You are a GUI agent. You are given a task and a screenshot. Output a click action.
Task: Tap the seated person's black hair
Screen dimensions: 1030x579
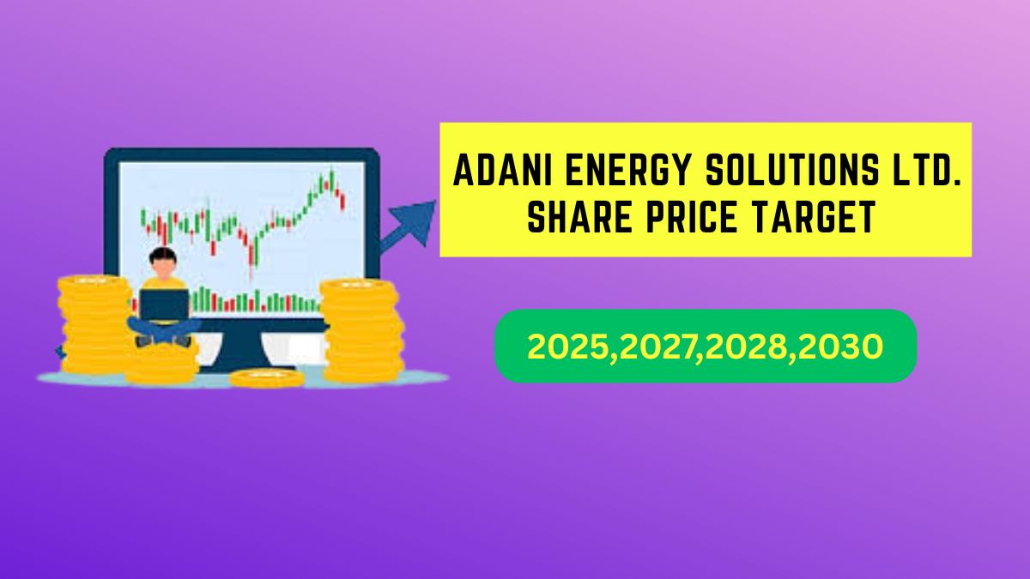coord(163,255)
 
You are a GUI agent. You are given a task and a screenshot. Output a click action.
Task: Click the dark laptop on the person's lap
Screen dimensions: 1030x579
coord(164,304)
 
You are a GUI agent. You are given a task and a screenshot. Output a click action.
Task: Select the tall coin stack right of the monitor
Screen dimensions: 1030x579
coord(362,331)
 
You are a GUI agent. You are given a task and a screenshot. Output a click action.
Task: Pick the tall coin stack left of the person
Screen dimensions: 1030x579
coord(95,324)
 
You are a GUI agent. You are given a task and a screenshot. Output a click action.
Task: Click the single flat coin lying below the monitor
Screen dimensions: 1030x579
coord(267,378)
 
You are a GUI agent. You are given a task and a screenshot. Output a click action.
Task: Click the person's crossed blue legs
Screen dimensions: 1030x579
coord(164,330)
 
